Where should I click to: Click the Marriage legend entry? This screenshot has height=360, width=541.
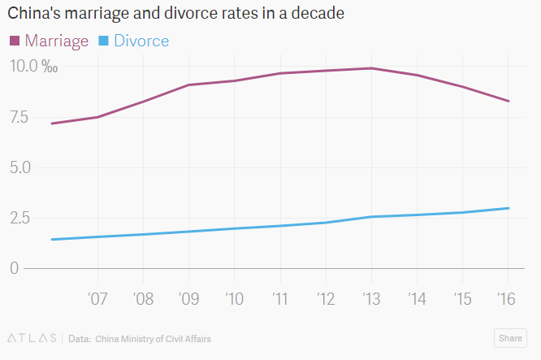tap(50, 41)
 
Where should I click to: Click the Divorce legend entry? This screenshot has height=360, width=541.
tap(134, 41)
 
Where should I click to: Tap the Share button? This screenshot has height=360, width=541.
tap(510, 338)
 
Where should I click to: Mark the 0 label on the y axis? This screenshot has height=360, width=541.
tap(14, 268)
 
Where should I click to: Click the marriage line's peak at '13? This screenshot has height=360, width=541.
tap(371, 68)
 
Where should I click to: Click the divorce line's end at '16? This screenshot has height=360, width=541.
tap(509, 208)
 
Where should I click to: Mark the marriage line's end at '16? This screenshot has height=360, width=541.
tap(509, 101)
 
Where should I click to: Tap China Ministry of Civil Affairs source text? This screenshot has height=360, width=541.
tap(153, 338)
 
